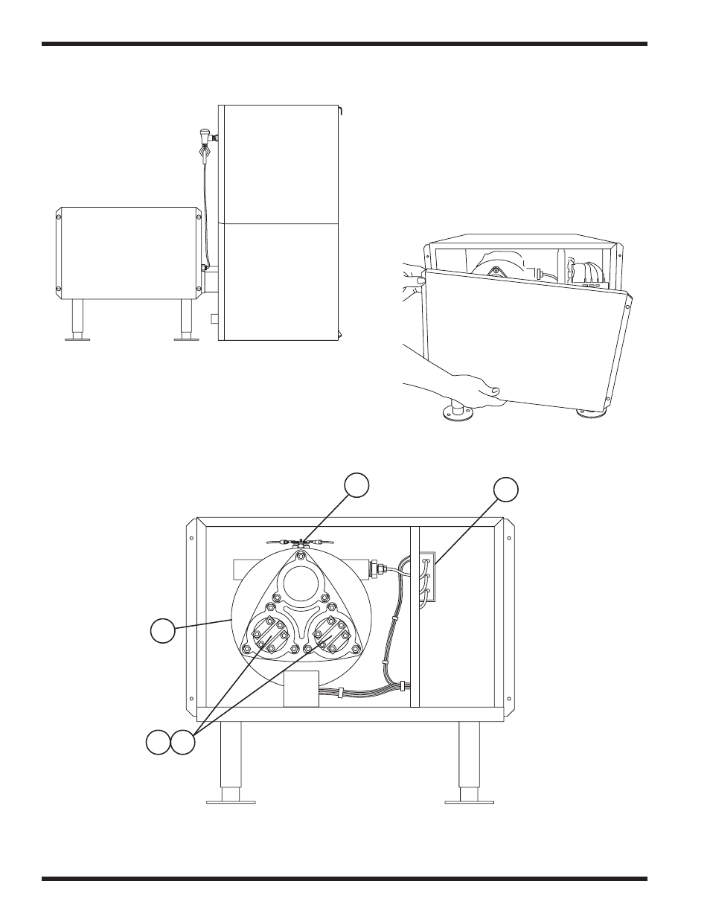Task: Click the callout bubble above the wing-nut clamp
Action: [x=356, y=484]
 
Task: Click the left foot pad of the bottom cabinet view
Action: [x=231, y=801]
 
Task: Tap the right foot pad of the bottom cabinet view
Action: [x=470, y=801]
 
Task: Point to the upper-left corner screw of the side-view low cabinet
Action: [x=58, y=217]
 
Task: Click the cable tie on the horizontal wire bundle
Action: [x=340, y=693]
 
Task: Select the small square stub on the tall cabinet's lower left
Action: [x=214, y=318]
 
